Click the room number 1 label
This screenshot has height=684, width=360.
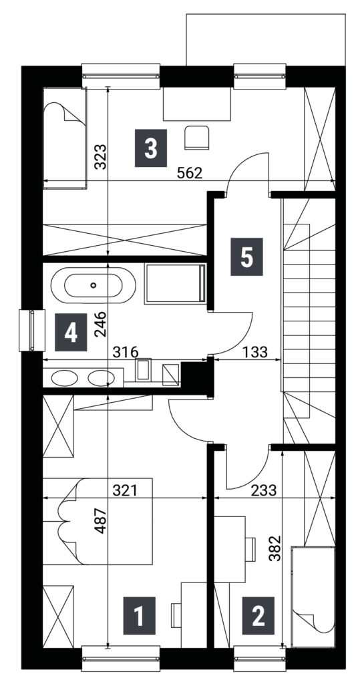139,615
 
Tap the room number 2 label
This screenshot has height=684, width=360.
258,615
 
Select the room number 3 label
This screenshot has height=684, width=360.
150,148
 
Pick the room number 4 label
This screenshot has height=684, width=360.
71,333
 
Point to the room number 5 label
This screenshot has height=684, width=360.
246,256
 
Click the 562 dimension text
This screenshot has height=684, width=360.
190,173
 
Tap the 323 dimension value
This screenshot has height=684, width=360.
100,156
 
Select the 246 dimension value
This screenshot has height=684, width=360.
100,324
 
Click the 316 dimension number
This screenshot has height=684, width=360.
126,352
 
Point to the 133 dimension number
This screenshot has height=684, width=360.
255,352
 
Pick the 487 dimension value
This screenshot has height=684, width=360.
100,520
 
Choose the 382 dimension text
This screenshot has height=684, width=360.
275,548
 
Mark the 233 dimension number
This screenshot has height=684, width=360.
264,491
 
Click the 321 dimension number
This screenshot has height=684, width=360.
126,491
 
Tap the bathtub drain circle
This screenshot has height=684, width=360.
93,286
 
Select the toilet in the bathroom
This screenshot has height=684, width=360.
143,370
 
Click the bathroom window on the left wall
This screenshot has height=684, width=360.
32,330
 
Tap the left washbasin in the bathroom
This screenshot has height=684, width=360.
64,378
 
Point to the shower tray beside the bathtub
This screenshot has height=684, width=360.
175,283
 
